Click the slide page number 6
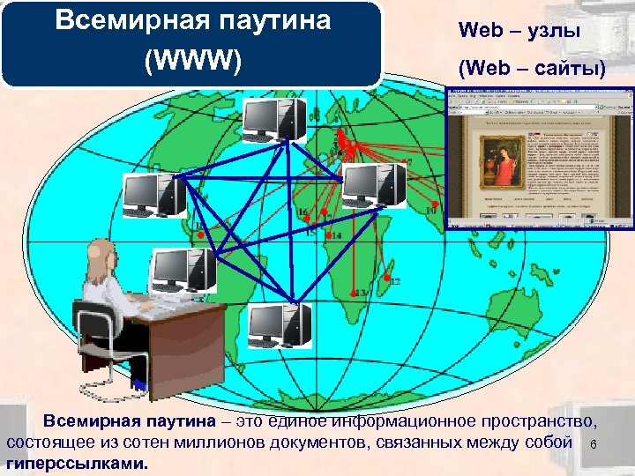point(594,445)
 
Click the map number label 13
point(360,293)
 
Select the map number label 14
point(336,236)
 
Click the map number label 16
point(303,212)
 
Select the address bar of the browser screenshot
point(529,114)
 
